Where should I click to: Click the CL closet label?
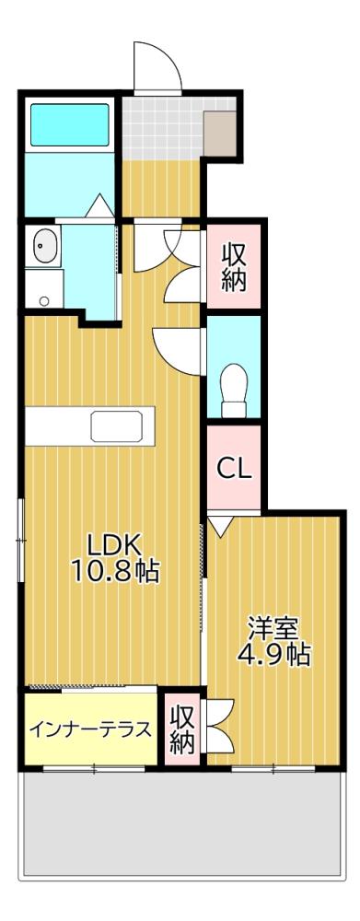pyautogui.click(x=234, y=468)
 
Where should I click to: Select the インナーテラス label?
pyautogui.click(x=89, y=730)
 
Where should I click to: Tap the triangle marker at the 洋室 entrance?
pyautogui.click(x=218, y=527)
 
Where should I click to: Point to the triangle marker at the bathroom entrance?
pyautogui.click(x=100, y=205)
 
